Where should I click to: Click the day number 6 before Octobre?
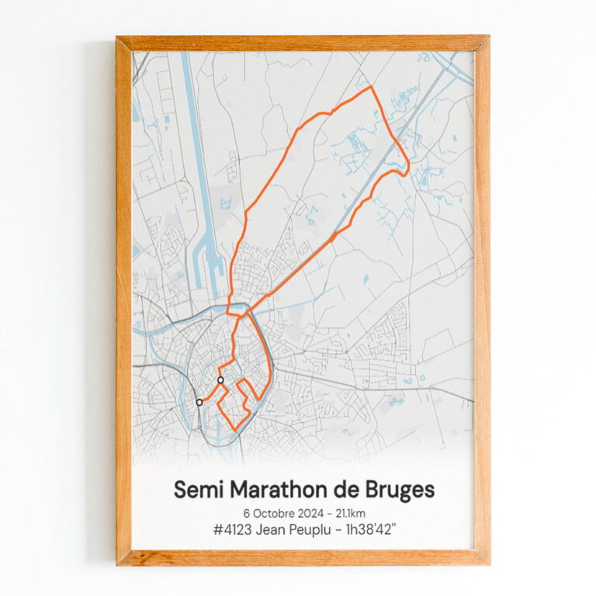click(247, 513)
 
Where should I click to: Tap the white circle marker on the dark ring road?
click(199, 402)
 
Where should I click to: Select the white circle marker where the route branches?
click(221, 380)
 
